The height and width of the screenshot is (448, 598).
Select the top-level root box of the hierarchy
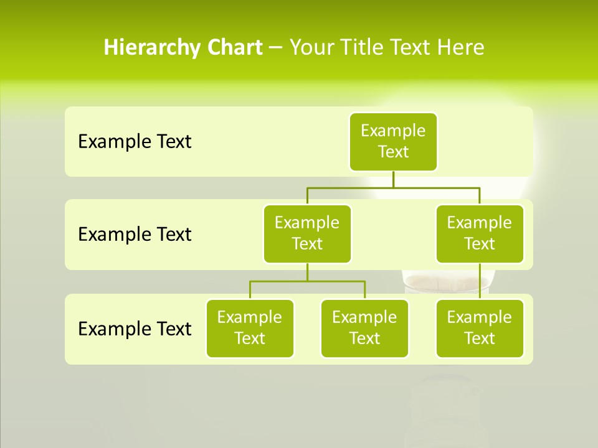393,141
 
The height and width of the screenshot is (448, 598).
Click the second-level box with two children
307,233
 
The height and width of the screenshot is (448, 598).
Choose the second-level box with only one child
480,233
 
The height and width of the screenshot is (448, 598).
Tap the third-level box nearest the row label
250,328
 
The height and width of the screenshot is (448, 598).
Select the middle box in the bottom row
364,328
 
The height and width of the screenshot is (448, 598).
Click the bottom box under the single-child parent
480,328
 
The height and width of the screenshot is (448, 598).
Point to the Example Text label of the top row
135,142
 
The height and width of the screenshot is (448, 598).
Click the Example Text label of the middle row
135,235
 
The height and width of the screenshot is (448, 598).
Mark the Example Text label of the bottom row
135,329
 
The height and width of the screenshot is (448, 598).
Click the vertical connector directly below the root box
393,179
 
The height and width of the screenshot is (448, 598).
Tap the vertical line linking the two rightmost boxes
480,281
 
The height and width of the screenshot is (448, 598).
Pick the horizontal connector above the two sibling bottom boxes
307,281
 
